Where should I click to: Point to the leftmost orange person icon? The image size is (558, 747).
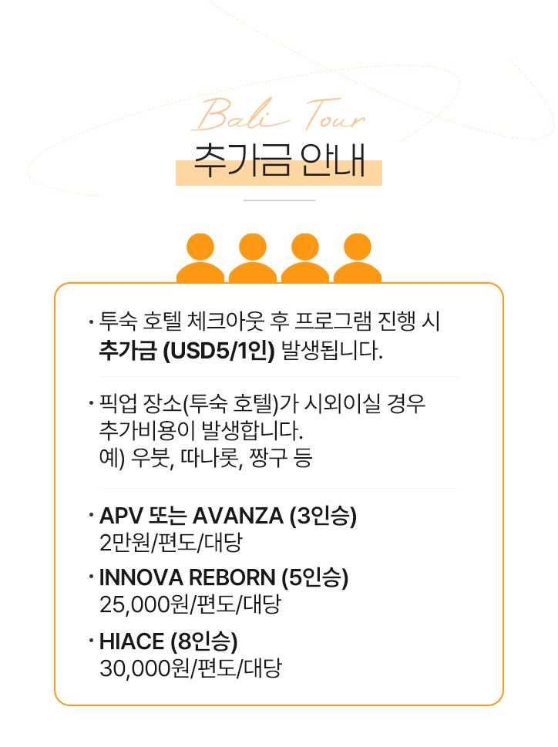pyautogui.click(x=200, y=258)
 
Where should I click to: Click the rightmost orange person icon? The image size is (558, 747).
pyautogui.click(x=358, y=258)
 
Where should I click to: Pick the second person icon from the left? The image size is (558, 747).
pyautogui.click(x=252, y=258)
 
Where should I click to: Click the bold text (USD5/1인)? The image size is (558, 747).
pyautogui.click(x=219, y=353)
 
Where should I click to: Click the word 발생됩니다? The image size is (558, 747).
pyautogui.click(x=332, y=353)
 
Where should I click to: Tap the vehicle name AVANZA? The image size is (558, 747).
pyautogui.click(x=237, y=515)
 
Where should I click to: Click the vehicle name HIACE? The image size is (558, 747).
pyautogui.click(x=132, y=641)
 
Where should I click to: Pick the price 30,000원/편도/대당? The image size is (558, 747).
pyautogui.click(x=190, y=668)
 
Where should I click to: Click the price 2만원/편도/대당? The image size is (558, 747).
pyautogui.click(x=170, y=543)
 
